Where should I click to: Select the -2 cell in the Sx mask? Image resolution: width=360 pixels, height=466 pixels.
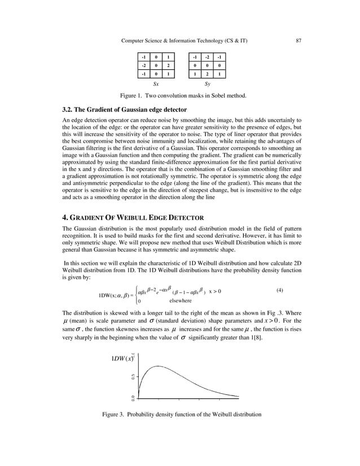click(144, 65)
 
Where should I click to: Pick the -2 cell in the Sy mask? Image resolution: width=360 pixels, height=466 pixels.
click(207, 57)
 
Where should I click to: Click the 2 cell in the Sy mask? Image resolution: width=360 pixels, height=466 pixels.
click(207, 74)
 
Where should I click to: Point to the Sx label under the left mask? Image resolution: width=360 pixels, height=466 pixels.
click(156, 83)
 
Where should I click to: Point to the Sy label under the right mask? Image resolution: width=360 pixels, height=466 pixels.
click(207, 83)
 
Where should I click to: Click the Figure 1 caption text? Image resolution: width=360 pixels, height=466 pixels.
click(179, 96)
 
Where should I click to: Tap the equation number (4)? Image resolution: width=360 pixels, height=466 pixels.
click(280, 290)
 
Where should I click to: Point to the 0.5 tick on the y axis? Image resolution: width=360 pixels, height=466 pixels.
click(133, 377)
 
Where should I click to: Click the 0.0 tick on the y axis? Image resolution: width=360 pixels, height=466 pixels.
click(133, 398)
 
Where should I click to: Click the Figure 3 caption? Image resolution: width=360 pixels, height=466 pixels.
click(182, 415)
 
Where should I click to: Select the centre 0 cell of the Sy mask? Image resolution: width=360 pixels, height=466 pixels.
click(207, 65)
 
